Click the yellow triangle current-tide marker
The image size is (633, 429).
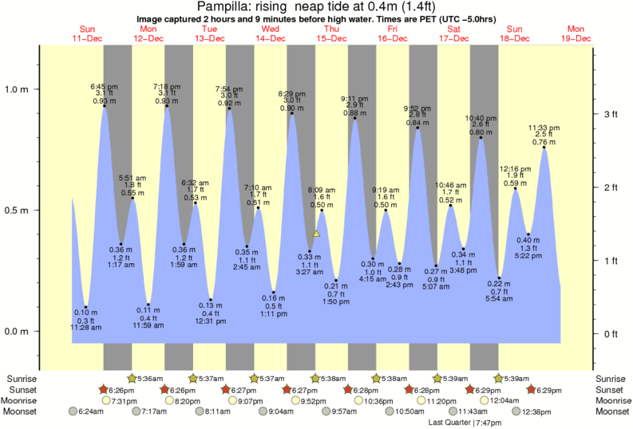tap(316, 234)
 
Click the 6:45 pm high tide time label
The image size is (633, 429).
tap(104, 85)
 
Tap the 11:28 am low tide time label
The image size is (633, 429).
tap(84, 328)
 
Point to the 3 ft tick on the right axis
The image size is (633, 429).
tap(610, 114)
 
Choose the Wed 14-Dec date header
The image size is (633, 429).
tap(270, 33)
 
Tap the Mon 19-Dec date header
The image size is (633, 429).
tap(575, 33)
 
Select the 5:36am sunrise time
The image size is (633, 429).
tap(150, 379)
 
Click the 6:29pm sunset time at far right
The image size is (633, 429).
tap(550, 390)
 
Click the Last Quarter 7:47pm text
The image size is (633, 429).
tap(461, 423)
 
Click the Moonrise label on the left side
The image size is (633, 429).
tap(24, 401)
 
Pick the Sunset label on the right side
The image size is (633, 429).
tap(610, 390)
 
